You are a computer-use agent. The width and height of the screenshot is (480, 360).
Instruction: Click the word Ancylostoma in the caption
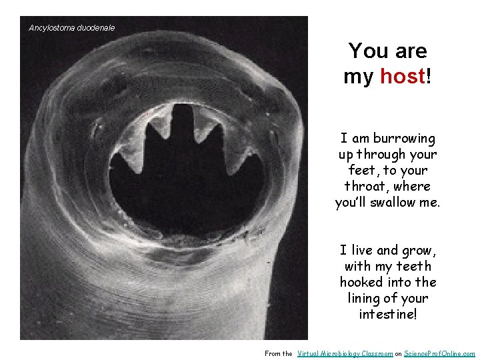click(x=50, y=28)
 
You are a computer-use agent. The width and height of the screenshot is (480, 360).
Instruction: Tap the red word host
click(x=402, y=77)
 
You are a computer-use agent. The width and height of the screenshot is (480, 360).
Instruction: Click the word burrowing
click(x=404, y=139)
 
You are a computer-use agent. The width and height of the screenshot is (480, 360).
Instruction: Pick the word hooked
click(x=360, y=282)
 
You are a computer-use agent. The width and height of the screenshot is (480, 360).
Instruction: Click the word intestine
click(x=386, y=314)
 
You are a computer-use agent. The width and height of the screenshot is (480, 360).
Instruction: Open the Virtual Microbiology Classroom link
click(x=345, y=353)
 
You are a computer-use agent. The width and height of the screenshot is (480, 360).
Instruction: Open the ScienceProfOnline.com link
click(x=440, y=353)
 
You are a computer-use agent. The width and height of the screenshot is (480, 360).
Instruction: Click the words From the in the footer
click(x=279, y=353)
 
